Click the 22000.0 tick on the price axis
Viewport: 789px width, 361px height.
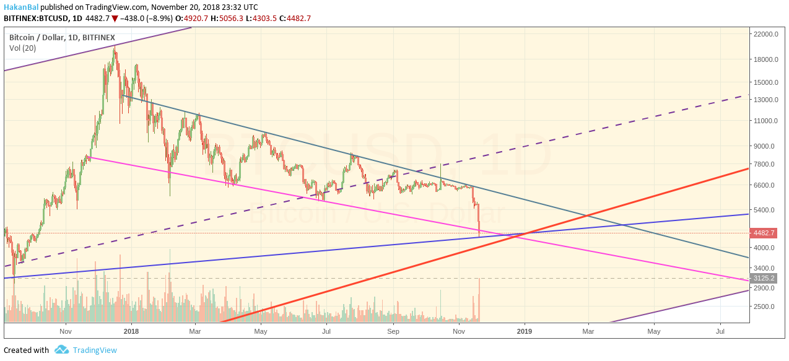click(765, 34)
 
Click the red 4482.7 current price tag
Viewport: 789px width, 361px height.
click(764, 233)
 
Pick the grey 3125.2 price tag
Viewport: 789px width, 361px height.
click(764, 278)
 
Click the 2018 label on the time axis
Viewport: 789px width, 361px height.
click(131, 331)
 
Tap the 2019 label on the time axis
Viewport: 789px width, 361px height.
click(525, 331)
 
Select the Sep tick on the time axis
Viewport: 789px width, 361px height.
click(392, 331)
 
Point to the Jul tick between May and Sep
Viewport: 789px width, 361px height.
click(326, 331)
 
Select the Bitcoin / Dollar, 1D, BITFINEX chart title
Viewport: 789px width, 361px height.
click(62, 37)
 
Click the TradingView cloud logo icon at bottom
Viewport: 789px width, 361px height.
click(61, 350)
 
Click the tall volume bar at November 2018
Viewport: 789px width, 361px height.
click(479, 300)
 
